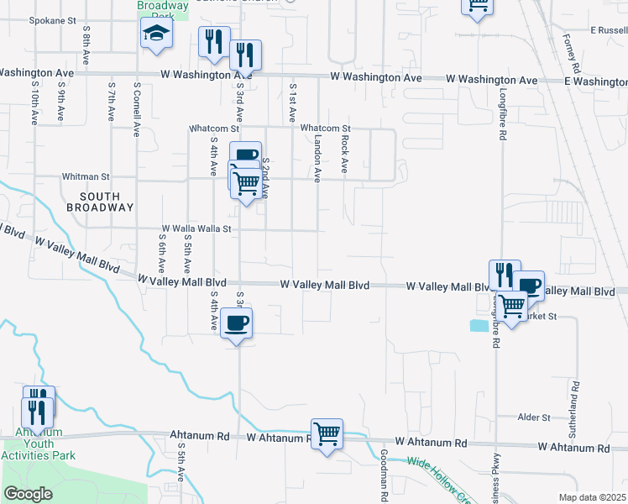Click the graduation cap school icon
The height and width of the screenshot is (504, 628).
pos(155,34)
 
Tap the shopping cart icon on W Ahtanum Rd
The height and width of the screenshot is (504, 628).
pos(327,434)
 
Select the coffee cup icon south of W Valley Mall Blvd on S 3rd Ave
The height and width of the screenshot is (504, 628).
pos(236,323)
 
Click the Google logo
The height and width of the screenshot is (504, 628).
pos(28,494)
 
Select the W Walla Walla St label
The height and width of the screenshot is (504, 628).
pos(196,228)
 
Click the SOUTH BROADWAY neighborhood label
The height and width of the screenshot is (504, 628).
pos(100,200)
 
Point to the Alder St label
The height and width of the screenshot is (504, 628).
pos(534,417)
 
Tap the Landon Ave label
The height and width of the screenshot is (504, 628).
pos(318,159)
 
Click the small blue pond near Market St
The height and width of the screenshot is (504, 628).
pos(479,326)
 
